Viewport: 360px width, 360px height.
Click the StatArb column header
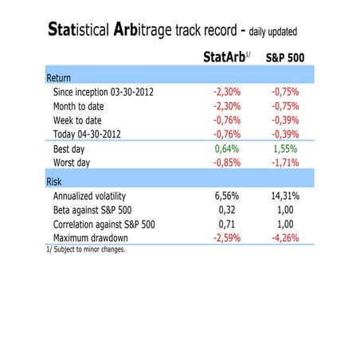pyautogui.click(x=225, y=57)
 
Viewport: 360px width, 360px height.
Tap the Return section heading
pyautogui.click(x=58, y=79)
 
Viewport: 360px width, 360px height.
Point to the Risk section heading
pyautogui.click(x=54, y=181)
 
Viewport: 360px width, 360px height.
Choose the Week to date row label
pyautogui.click(x=84, y=119)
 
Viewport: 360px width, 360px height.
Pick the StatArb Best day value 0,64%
pyautogui.click(x=229, y=149)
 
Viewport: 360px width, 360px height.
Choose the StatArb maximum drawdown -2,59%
pyautogui.click(x=227, y=238)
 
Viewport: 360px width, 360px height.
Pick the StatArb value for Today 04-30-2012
pyautogui.click(x=227, y=133)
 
